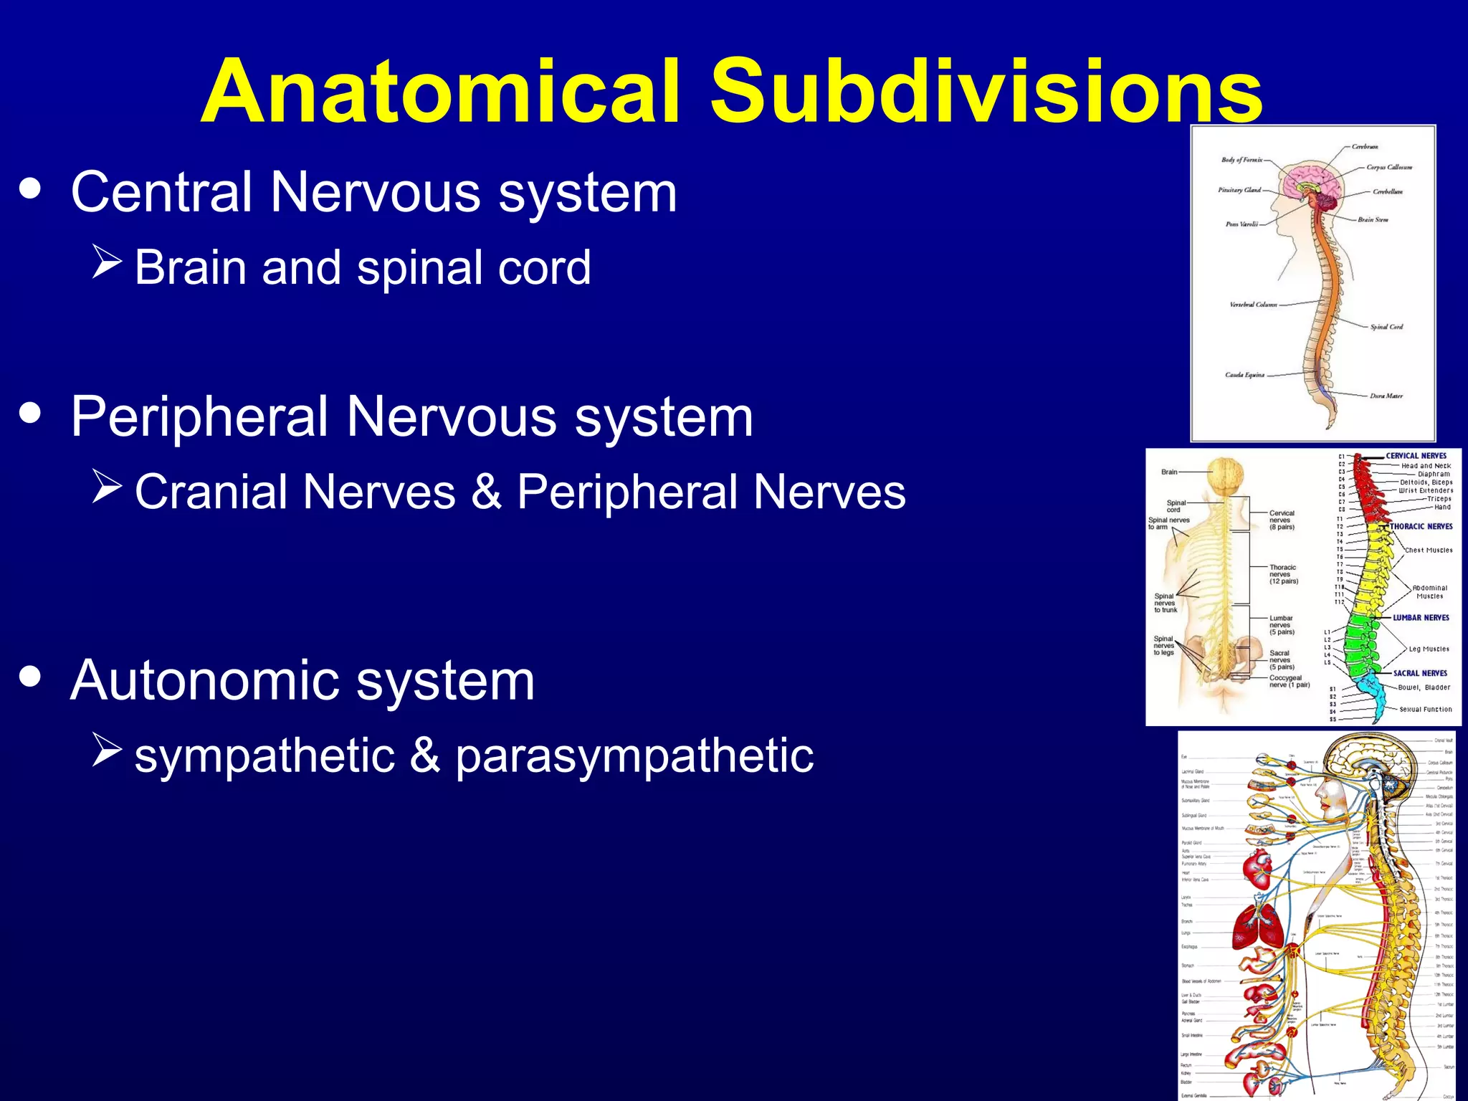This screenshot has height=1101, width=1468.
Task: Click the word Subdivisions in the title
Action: click(x=986, y=92)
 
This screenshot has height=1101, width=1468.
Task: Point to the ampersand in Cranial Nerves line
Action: click(x=487, y=492)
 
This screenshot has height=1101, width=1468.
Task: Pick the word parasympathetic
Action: click(x=634, y=756)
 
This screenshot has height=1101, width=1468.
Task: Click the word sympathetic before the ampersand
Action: click(x=264, y=756)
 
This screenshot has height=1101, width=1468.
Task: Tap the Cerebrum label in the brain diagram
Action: click(x=1365, y=147)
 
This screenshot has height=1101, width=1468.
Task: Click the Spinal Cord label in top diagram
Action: click(x=1386, y=327)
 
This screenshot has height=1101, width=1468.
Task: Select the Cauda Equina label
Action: click(x=1245, y=375)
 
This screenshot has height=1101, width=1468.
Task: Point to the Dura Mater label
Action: click(x=1386, y=396)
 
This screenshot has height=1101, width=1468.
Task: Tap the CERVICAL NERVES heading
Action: click(x=1416, y=456)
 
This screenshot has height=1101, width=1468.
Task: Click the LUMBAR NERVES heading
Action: click(x=1421, y=617)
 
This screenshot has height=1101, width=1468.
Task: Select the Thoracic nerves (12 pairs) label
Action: click(x=1283, y=574)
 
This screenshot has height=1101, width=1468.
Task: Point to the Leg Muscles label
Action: click(x=1429, y=649)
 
